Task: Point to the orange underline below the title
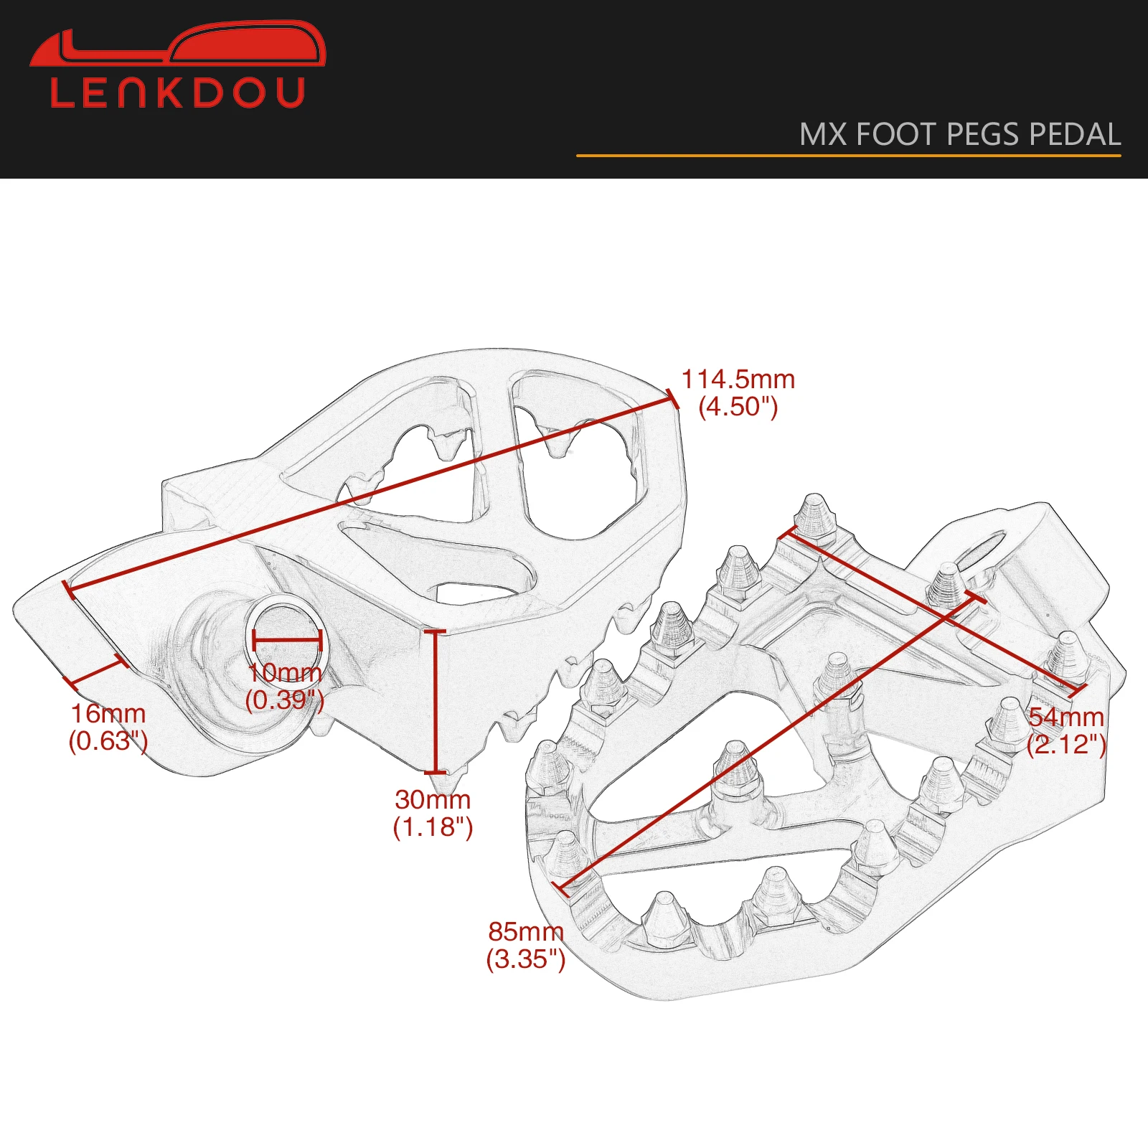pyautogui.click(x=848, y=155)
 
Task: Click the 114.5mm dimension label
pyautogui.click(x=738, y=379)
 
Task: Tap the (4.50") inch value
pyautogui.click(x=738, y=407)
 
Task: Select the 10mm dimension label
pyautogui.click(x=285, y=673)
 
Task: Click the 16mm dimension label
pyautogui.click(x=108, y=714)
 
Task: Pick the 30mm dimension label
pyautogui.click(x=433, y=799)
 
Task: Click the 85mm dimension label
pyautogui.click(x=526, y=931)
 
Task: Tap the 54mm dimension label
pyautogui.click(x=1066, y=717)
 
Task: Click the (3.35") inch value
pyautogui.click(x=526, y=959)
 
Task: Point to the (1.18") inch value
pyautogui.click(x=433, y=827)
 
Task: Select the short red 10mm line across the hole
pyautogui.click(x=287, y=641)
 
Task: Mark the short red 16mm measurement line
pyautogui.click(x=95, y=672)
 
